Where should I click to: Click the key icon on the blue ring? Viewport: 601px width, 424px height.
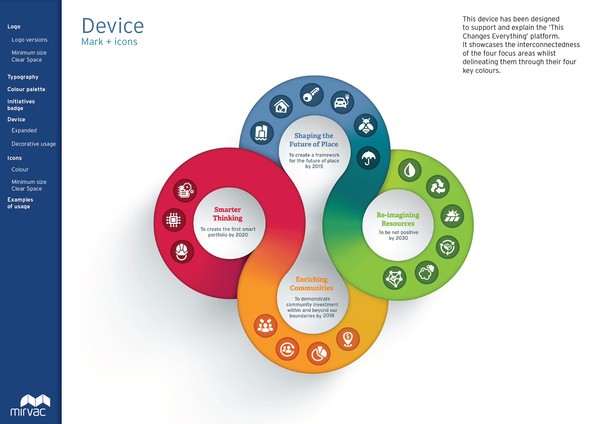[312, 95]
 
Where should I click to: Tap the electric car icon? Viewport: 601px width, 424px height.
[342, 102]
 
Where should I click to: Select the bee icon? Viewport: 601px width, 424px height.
[366, 126]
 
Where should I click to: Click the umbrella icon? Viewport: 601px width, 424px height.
[368, 158]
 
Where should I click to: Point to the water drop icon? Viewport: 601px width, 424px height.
[410, 170]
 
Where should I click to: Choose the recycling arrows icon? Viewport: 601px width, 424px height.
[438, 187]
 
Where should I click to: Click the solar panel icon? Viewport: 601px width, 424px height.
[452, 216]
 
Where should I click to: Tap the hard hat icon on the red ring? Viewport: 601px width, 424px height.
[182, 252]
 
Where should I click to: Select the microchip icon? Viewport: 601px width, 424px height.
[174, 220]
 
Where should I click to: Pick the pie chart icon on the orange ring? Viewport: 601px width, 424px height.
[319, 354]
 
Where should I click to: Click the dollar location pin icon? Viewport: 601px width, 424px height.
[348, 339]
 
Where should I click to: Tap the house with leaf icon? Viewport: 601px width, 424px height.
[281, 106]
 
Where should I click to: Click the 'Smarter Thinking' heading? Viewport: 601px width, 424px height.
[228, 214]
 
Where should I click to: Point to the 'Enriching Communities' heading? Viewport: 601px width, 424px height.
[311, 284]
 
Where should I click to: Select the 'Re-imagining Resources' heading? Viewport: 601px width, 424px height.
[398, 219]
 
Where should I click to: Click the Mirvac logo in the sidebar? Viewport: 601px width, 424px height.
[30, 405]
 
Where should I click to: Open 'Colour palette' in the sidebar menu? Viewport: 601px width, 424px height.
[26, 89]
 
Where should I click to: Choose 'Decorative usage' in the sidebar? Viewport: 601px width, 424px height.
[34, 144]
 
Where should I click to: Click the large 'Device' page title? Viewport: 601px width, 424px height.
[113, 26]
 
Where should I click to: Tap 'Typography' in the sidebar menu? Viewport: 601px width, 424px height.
[23, 77]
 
